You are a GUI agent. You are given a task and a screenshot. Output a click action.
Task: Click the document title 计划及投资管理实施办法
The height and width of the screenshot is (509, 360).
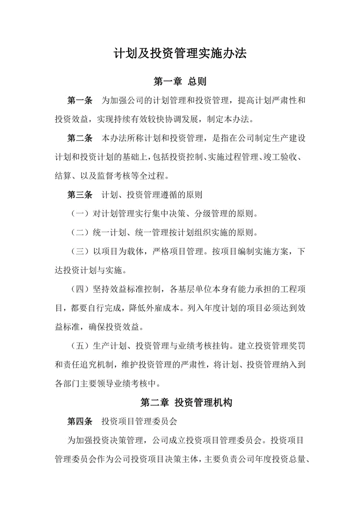pos(180,54)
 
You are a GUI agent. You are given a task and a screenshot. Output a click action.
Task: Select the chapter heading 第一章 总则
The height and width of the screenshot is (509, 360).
pos(180,81)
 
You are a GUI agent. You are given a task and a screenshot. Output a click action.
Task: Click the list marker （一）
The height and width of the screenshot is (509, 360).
pos(79,214)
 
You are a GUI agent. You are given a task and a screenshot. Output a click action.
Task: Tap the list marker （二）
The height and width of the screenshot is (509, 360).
pos(79,233)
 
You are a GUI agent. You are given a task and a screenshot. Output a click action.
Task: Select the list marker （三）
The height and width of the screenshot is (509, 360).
pos(79,252)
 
